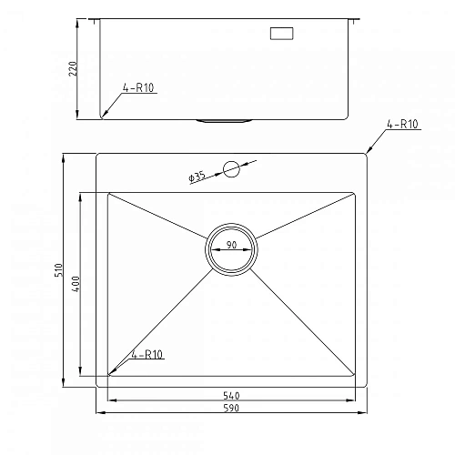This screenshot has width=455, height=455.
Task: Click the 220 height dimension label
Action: click(82, 68)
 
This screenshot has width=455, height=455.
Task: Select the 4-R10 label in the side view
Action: click(136, 89)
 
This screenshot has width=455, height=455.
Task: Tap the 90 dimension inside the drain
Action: click(231, 246)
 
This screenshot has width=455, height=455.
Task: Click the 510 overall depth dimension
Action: click(57, 270)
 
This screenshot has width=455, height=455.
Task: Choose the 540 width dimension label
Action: click(231, 396)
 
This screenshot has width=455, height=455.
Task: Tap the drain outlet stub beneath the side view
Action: click(222, 119)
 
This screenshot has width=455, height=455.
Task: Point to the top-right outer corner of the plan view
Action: click(367, 154)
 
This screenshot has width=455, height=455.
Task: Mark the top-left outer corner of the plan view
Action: click(96, 154)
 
